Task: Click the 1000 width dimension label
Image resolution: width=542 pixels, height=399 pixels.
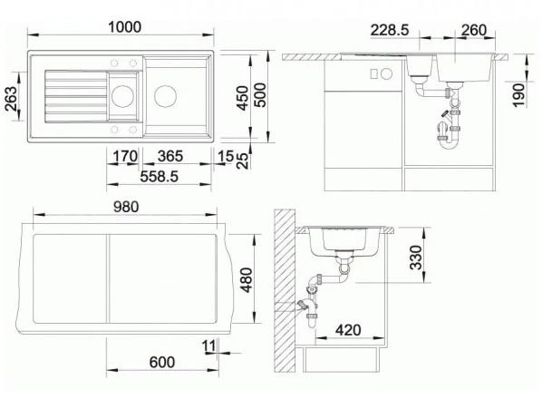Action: coord(125,27)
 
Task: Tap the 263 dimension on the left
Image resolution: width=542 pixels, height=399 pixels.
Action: coord(11,99)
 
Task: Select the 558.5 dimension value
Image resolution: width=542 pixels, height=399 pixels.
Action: coord(160,177)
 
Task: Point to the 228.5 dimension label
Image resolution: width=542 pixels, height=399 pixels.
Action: coord(390,30)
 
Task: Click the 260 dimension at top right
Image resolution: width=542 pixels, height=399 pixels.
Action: coord(474,30)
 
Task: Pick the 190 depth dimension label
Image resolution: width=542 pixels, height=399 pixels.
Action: coord(518,94)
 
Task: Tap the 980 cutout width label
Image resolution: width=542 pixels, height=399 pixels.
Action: coord(126,207)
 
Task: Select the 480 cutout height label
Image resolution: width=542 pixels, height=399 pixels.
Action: coord(247,280)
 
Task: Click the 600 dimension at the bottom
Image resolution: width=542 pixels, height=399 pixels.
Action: coord(162,363)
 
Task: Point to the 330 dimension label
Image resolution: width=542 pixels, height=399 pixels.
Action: coord(416,258)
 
